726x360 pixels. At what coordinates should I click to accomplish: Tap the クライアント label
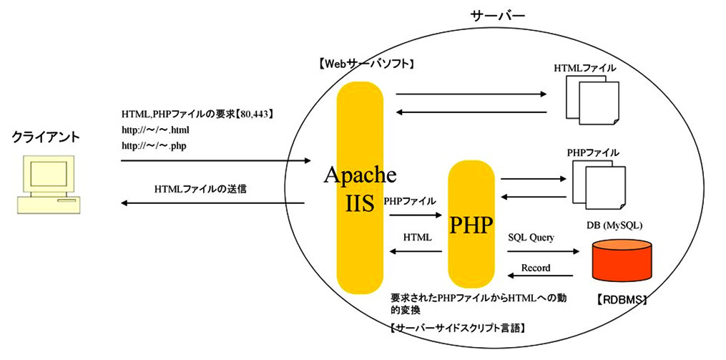pyautogui.click(x=46, y=137)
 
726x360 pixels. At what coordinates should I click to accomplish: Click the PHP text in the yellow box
pyautogui.click(x=471, y=225)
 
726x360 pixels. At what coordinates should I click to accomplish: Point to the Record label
pyautogui.click(x=536, y=268)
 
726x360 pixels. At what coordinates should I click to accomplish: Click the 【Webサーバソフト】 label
pyautogui.click(x=367, y=64)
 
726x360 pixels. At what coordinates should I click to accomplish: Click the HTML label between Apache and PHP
pyautogui.click(x=417, y=236)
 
